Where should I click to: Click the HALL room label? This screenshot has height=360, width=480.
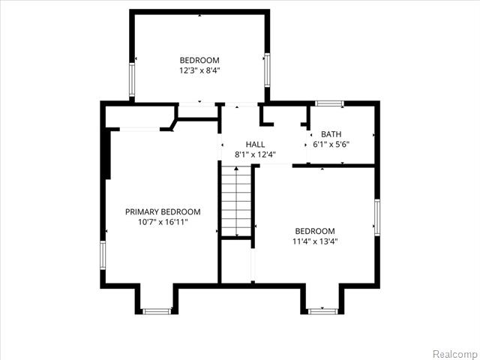[255, 144]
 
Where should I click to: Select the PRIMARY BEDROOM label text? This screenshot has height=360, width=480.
[163, 211]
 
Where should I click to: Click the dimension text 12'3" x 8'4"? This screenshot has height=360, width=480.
[199, 70]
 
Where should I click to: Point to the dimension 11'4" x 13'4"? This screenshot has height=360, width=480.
[314, 241]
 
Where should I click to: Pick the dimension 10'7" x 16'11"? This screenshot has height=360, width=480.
[163, 222]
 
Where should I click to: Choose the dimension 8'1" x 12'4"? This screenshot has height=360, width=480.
[255, 155]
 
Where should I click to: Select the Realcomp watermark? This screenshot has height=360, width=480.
[455, 352]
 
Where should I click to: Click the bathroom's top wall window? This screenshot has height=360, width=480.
[329, 103]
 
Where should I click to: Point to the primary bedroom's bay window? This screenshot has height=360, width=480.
[157, 310]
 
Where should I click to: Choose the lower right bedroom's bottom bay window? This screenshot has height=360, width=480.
[323, 310]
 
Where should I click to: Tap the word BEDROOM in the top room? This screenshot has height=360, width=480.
[199, 60]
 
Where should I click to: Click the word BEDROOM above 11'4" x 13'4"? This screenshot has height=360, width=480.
[314, 231]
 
